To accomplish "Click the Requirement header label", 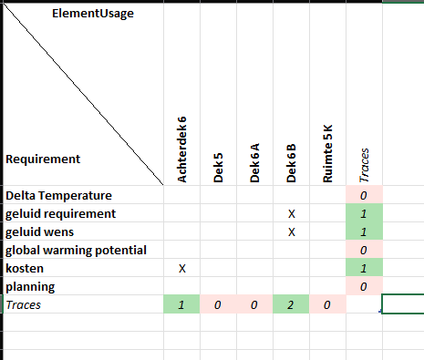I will pos(43,159).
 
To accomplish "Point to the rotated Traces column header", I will pos(364,165).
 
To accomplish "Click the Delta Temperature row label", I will pos(58,195).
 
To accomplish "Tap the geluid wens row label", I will pos(46,231).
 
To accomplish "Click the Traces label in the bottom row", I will pos(25,304).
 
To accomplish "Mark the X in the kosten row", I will pos(182,268).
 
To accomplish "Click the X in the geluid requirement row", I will pos(292,213).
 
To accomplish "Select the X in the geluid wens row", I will pos(292,231).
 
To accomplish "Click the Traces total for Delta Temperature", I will pos(364,195).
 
